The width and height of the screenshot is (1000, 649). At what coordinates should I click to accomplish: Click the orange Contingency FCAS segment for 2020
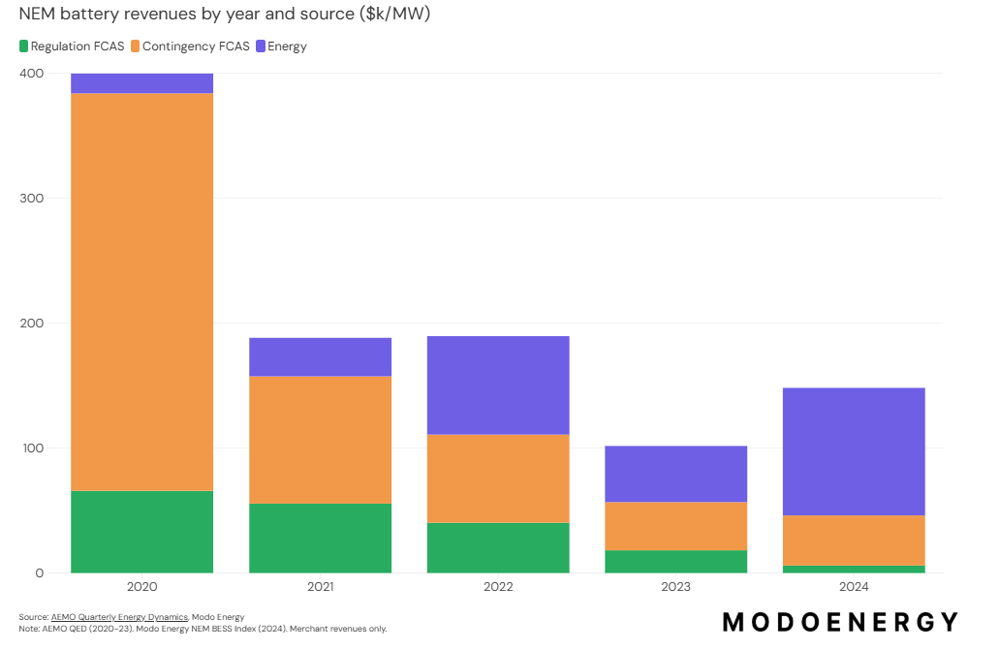pyautogui.click(x=141, y=292)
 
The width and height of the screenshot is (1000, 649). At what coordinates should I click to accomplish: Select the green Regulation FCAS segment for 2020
pyautogui.click(x=141, y=532)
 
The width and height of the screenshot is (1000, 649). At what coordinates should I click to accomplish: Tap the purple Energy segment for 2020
pyautogui.click(x=141, y=83)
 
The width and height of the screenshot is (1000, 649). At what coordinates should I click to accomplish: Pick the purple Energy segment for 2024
pyautogui.click(x=854, y=451)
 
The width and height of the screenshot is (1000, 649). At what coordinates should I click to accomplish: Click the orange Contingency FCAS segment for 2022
pyautogui.click(x=498, y=479)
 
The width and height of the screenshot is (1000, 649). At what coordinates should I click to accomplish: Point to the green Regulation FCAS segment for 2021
pyautogui.click(x=320, y=538)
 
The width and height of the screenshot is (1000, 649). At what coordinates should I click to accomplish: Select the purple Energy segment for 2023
pyautogui.click(x=675, y=474)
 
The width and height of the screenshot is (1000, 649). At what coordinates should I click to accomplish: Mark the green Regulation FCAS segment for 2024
pyautogui.click(x=854, y=569)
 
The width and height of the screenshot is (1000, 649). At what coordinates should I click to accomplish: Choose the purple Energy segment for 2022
pyautogui.click(x=498, y=386)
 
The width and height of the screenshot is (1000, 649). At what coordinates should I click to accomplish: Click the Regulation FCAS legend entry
pyautogui.click(x=72, y=46)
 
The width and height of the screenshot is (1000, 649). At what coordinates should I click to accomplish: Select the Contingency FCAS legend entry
pyautogui.click(x=190, y=46)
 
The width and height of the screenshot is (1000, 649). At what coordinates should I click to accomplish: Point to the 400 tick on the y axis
pyautogui.click(x=32, y=74)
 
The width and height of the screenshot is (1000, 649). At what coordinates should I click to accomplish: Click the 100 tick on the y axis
pyautogui.click(x=32, y=448)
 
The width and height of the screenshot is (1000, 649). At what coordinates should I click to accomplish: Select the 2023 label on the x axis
pyautogui.click(x=675, y=587)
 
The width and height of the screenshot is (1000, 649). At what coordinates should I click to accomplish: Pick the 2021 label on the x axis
pyautogui.click(x=320, y=587)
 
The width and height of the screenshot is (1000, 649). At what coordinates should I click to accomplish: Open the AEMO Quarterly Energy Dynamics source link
pyautogui.click(x=119, y=617)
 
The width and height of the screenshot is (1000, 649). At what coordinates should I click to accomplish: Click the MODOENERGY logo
pyautogui.click(x=840, y=621)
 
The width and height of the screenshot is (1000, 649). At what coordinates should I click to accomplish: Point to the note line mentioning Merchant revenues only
pyautogui.click(x=203, y=629)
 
